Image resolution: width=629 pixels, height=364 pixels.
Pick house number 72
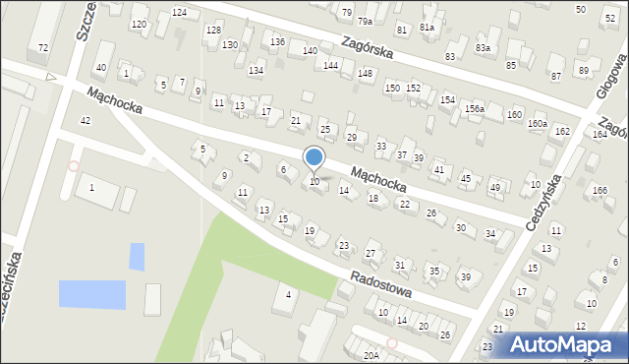(x=42, y=47)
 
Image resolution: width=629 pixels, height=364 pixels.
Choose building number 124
(x=179, y=12)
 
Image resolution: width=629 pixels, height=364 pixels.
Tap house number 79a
(x=365, y=21)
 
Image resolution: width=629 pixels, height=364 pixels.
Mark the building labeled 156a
(x=475, y=108)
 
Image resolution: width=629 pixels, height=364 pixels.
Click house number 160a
(x=537, y=123)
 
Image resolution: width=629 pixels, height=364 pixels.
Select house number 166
(x=600, y=190)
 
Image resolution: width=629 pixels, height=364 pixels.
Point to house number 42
(x=86, y=120)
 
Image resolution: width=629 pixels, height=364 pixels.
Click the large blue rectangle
(x=91, y=294)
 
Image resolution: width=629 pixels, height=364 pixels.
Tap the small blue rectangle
(x=137, y=256)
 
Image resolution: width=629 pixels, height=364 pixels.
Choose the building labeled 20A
(x=371, y=356)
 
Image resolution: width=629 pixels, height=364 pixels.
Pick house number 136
(x=278, y=41)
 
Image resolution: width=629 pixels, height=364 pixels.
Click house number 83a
(x=483, y=47)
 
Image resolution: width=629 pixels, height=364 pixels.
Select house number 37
(x=402, y=155)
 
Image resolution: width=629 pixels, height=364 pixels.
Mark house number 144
(x=331, y=65)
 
